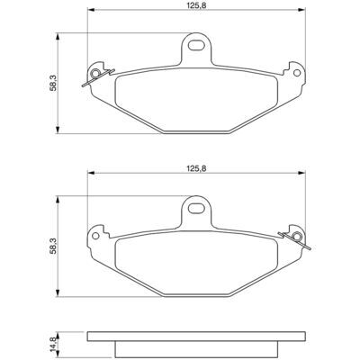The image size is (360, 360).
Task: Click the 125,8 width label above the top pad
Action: tap(196, 5)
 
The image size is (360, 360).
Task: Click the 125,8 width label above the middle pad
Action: tap(196, 168)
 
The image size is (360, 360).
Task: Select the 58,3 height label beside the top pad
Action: tap(53, 83)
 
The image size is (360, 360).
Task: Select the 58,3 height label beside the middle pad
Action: tap(53, 247)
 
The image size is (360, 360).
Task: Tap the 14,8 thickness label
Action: tap(53, 344)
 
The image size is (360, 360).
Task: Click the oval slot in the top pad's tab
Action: tap(196, 46)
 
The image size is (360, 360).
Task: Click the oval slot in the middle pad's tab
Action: tap(196, 209)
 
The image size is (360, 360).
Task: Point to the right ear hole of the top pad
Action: tap(297, 73)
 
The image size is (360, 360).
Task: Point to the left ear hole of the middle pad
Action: tap(95, 236)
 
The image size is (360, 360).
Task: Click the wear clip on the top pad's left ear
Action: tap(98, 77)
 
